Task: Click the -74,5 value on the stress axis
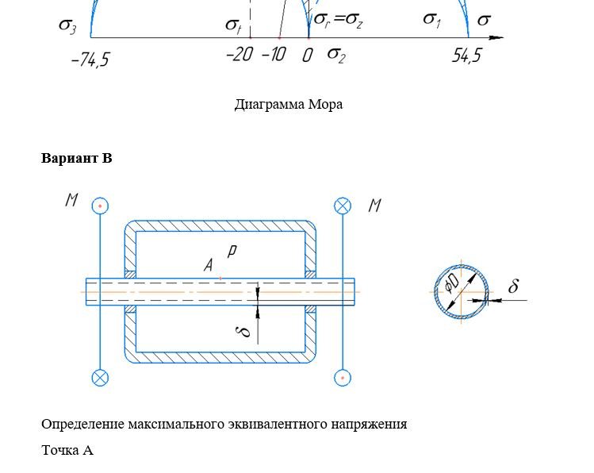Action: click(90, 60)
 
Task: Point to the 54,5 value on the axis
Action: click(466, 56)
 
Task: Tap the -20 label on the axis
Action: click(240, 55)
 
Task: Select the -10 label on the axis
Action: click(274, 55)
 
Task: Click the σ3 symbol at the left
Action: click(68, 25)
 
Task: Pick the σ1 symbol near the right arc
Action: click(432, 20)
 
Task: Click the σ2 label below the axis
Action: click(336, 55)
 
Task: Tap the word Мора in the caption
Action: click(325, 104)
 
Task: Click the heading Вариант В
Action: click(76, 158)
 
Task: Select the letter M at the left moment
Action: click(72, 200)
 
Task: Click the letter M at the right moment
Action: click(374, 206)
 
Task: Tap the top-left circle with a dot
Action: click(100, 206)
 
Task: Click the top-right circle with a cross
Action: click(343, 206)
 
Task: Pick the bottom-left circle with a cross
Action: click(100, 378)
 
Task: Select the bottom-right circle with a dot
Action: click(343, 378)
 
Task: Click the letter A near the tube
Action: click(209, 265)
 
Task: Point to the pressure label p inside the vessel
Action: click(232, 252)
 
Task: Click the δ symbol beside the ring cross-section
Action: click(513, 286)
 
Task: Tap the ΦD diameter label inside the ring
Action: click(452, 283)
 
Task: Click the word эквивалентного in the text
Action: click(278, 424)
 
